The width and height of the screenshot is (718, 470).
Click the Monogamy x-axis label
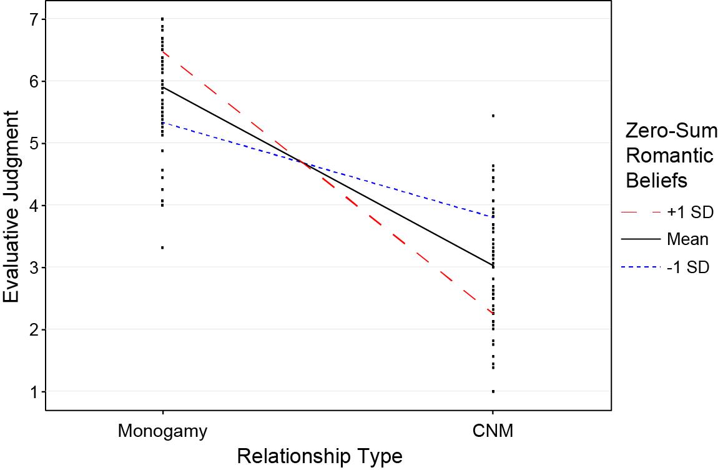coord(162,431)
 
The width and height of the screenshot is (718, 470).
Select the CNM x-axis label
coord(493,431)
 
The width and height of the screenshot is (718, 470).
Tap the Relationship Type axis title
coord(319,456)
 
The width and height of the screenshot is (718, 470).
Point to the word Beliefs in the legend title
coord(657,180)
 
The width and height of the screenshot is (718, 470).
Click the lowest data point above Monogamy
coord(162,247)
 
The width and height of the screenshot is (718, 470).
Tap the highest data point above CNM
coord(493,116)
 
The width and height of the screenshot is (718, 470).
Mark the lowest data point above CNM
coord(493,391)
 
